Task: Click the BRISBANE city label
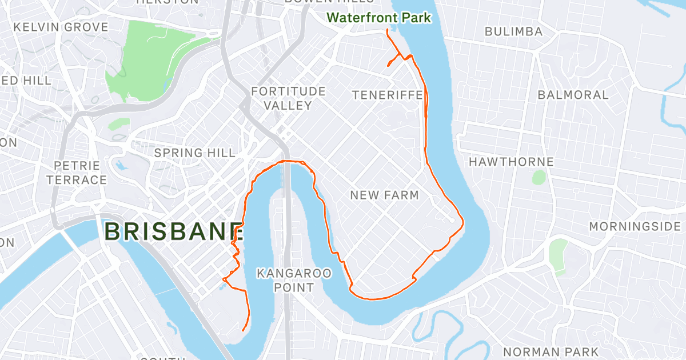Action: [x=175, y=232]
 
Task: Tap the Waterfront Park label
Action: [x=378, y=18]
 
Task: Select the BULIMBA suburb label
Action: [x=513, y=32]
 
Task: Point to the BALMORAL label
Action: [x=573, y=95]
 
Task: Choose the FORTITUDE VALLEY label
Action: [x=288, y=98]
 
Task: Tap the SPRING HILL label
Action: [x=195, y=153]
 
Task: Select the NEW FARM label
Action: [x=384, y=195]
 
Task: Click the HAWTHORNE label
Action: [x=511, y=162]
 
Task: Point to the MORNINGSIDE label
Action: [x=635, y=227]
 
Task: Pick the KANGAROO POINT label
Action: [x=294, y=280]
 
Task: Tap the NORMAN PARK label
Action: [x=551, y=351]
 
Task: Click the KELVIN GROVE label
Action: [x=61, y=27]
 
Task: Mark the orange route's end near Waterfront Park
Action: [x=388, y=30]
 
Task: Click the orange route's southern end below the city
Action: [x=244, y=330]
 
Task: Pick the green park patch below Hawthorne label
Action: [x=539, y=177]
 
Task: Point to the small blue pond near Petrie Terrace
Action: [x=121, y=166]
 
